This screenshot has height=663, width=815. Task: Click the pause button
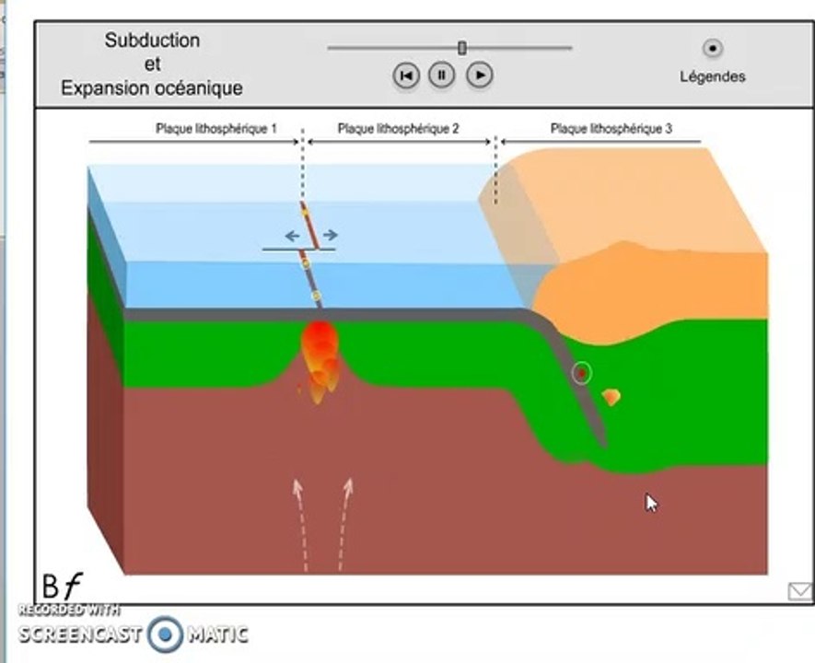pos(441,76)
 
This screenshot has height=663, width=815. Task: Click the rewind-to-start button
pos(406,76)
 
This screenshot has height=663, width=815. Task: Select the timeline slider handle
pos(462,48)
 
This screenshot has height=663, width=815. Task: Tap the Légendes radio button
pos(713,48)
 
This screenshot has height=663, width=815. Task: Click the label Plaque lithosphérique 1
pos(216,128)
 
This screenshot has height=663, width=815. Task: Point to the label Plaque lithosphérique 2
pos(398,128)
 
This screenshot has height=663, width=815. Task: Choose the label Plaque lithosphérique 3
pos(611,128)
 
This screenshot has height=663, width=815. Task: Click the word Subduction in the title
pos(152,40)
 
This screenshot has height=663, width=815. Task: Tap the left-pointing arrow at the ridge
pos(293,236)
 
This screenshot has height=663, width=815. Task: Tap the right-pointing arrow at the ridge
pos(331,236)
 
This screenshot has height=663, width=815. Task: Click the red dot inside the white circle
pos(582,373)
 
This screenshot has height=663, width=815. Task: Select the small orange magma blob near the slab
pos(611,398)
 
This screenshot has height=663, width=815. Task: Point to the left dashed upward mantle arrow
pos(300,525)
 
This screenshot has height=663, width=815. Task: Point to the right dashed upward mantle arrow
pos(345,525)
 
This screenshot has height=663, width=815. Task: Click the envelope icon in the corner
pos(800,591)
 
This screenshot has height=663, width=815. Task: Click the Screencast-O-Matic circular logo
pos(165,634)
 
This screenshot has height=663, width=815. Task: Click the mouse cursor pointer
pos(651,504)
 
